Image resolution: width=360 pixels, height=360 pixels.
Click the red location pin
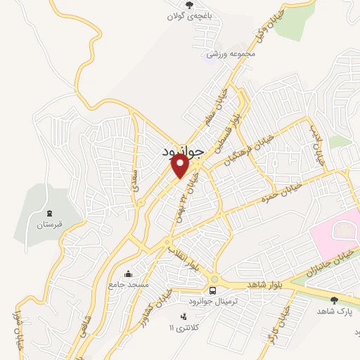180,165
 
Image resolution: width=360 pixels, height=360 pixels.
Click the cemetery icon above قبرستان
49,213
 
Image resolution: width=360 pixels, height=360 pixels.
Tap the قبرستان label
49,225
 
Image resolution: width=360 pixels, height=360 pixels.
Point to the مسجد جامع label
128,285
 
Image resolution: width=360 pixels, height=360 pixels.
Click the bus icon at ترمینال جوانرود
213,290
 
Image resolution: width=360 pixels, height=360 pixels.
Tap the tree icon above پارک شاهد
334,300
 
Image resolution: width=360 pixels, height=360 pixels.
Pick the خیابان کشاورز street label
163,300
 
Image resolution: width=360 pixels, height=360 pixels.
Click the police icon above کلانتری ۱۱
184,316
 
